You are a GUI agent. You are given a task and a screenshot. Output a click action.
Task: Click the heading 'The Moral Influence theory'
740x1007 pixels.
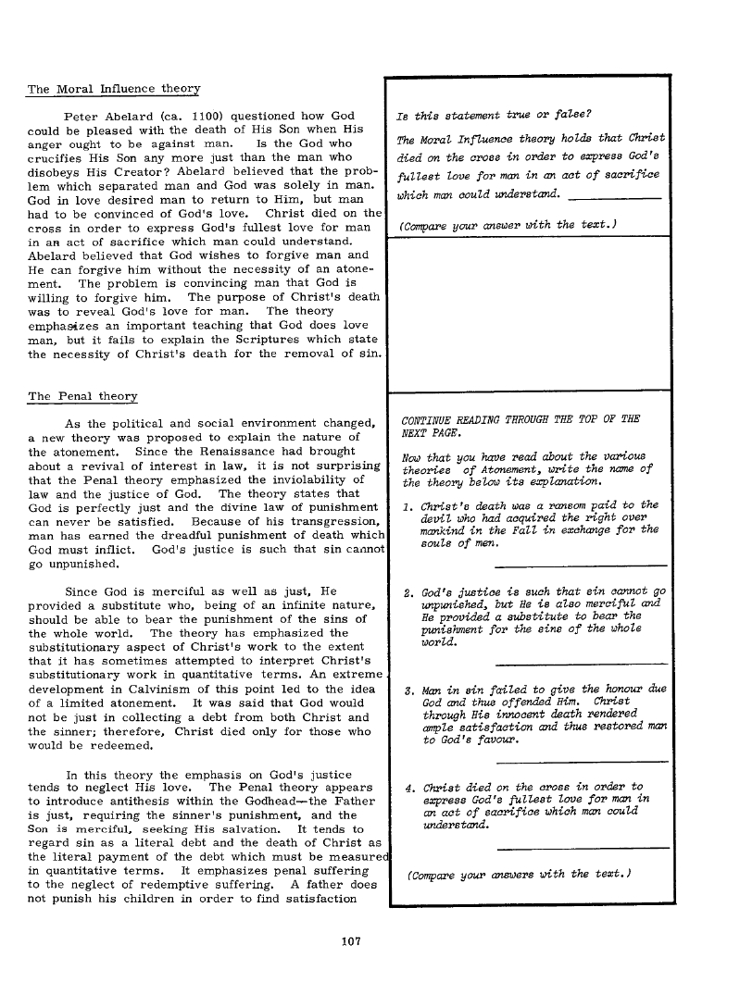tap(114, 89)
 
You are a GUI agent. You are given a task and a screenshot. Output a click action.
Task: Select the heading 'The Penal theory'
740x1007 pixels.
tap(82, 396)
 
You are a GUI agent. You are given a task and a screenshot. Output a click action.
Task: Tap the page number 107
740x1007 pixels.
tap(350, 942)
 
